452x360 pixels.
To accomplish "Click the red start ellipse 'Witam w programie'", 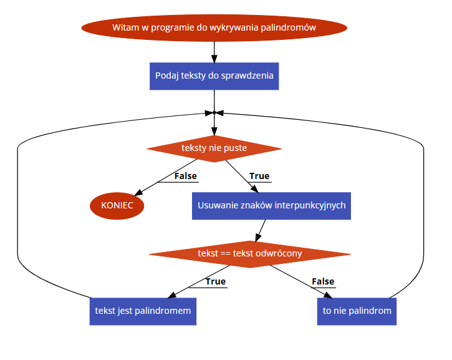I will (x=214, y=27).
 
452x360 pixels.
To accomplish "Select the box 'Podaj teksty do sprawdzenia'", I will (x=214, y=75).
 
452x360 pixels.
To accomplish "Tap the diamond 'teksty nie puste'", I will (x=214, y=148).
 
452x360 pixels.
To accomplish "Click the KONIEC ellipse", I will (x=117, y=205).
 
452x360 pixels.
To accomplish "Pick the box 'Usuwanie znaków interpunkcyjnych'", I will (x=271, y=205).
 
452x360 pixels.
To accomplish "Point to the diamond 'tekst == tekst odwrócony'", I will (x=249, y=253).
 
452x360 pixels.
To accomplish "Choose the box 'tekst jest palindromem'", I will (x=143, y=310).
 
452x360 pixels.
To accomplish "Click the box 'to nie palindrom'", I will (x=357, y=310).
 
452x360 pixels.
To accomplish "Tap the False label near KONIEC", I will (x=185, y=176).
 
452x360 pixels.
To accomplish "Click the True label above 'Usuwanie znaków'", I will (x=259, y=176).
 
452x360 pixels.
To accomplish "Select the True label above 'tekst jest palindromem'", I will (x=215, y=281).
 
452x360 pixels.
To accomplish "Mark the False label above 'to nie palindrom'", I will (x=323, y=281).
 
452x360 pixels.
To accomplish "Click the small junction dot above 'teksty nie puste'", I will (x=214, y=113).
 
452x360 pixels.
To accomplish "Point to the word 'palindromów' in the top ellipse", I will (x=290, y=27).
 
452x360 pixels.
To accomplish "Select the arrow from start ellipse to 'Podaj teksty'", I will (x=214, y=50).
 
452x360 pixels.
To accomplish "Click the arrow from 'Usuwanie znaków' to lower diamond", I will (x=259, y=230).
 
